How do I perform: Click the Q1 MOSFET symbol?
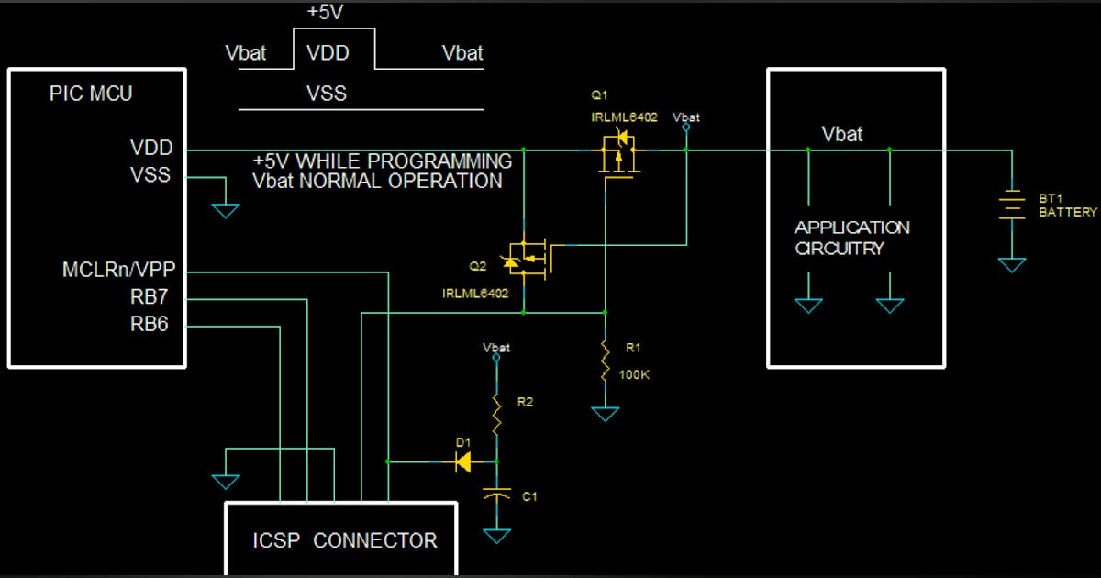point(618,153)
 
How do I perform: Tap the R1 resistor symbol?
point(605,361)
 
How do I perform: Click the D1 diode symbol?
point(463,461)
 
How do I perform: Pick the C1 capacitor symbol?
point(496,496)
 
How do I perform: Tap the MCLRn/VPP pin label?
point(118,271)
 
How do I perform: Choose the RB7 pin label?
point(150,297)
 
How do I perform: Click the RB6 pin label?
point(150,324)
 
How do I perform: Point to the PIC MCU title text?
point(91,94)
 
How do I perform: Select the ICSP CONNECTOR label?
point(345,540)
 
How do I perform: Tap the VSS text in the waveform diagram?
point(327,94)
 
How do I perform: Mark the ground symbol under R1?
point(605,414)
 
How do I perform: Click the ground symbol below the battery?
point(1011,264)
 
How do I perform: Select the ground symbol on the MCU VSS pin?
point(226,211)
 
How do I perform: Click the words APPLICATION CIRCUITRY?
point(851,238)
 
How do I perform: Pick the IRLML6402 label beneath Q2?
point(474,294)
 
